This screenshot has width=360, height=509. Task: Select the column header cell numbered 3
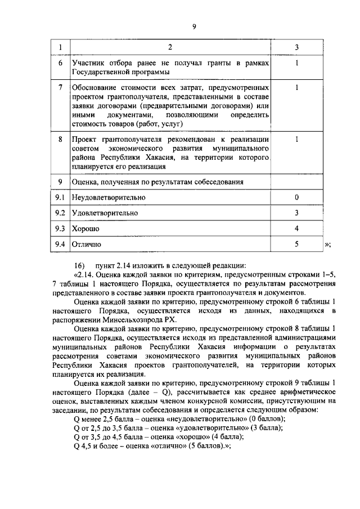[296, 46]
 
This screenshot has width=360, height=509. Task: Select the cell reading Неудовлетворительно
[109, 197]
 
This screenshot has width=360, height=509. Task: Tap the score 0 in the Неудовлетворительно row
[296, 197]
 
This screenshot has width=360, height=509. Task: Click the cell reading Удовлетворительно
[105, 213]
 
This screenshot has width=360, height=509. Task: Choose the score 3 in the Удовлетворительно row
[296, 213]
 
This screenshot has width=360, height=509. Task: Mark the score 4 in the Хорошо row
[296, 229]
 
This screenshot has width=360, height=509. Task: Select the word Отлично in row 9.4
[87, 245]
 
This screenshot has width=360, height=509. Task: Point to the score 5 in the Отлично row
[296, 244]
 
